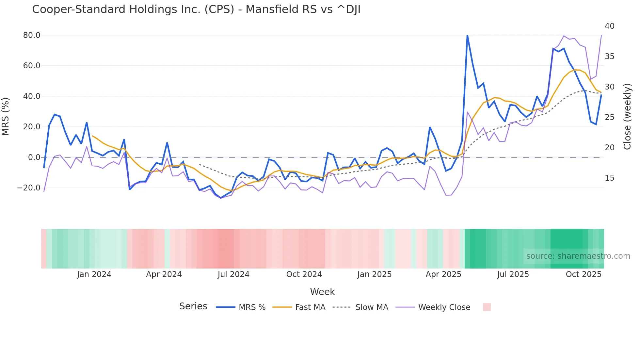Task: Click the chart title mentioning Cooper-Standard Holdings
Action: click(x=196, y=9)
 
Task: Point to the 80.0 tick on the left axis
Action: click(x=32, y=35)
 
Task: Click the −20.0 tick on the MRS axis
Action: click(x=29, y=188)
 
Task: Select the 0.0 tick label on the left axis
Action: click(x=34, y=157)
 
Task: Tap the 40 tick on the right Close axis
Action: click(x=609, y=26)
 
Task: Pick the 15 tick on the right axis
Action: click(x=609, y=178)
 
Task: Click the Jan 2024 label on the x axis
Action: click(x=94, y=274)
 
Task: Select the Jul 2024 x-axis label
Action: click(x=233, y=274)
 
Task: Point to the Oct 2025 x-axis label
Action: click(x=584, y=274)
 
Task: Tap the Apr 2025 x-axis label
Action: click(x=443, y=274)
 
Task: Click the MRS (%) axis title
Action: click(x=6, y=117)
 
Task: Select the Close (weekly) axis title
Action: click(x=627, y=117)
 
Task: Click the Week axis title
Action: click(x=322, y=292)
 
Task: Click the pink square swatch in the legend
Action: click(x=487, y=307)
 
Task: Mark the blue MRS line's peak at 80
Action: click(x=467, y=35)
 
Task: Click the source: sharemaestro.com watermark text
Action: click(x=578, y=256)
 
